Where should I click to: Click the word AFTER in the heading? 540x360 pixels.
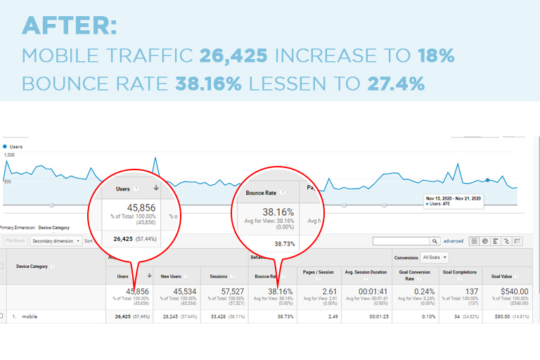pyautogui.click(x=69, y=26)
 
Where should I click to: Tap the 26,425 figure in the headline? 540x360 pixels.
pyautogui.click(x=235, y=56)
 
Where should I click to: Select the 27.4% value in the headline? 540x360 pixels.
pyautogui.click(x=396, y=84)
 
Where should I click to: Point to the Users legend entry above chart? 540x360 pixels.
pyautogui.click(x=14, y=146)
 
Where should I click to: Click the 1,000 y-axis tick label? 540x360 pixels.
pyautogui.click(x=9, y=155)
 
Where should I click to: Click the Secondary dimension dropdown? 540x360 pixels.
pyautogui.click(x=56, y=240)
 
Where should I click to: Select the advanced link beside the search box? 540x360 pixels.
pyautogui.click(x=454, y=241)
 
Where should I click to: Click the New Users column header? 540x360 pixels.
pyautogui.click(x=176, y=277)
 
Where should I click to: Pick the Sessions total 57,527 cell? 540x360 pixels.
pyautogui.click(x=224, y=292)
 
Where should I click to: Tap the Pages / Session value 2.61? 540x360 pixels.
pyautogui.click(x=320, y=292)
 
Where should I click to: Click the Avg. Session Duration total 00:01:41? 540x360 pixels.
pyautogui.click(x=368, y=292)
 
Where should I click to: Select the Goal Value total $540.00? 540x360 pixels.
pyautogui.click(x=510, y=292)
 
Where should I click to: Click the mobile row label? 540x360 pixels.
pyautogui.click(x=28, y=316)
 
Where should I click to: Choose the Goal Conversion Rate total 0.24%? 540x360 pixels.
pyautogui.click(x=416, y=292)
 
